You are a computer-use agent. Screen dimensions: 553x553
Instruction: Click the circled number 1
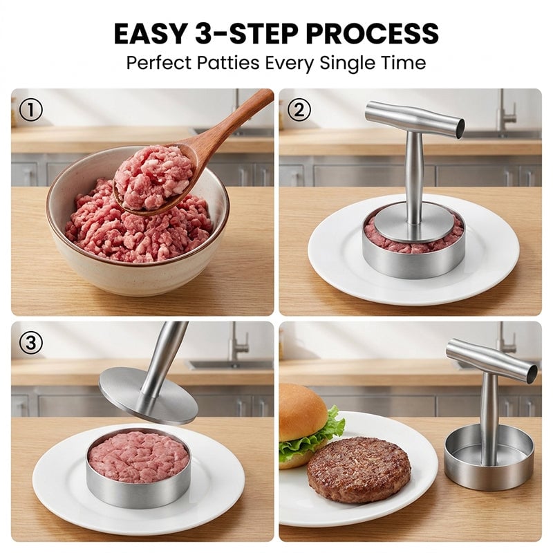coord(30,110)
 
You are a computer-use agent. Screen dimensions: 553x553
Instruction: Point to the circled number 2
coord(299,110)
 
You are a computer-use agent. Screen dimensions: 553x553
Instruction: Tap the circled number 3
coord(30,342)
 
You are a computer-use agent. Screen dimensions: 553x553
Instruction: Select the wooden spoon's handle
coord(231,120)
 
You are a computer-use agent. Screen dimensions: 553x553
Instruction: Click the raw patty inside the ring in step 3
coord(138,456)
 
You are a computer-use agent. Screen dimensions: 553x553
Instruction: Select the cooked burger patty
coord(359,469)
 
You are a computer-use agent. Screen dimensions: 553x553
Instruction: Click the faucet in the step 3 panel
coord(239,339)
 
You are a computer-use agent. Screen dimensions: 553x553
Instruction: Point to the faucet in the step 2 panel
coord(507,109)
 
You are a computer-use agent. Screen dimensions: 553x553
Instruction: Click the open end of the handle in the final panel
coord(532,373)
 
